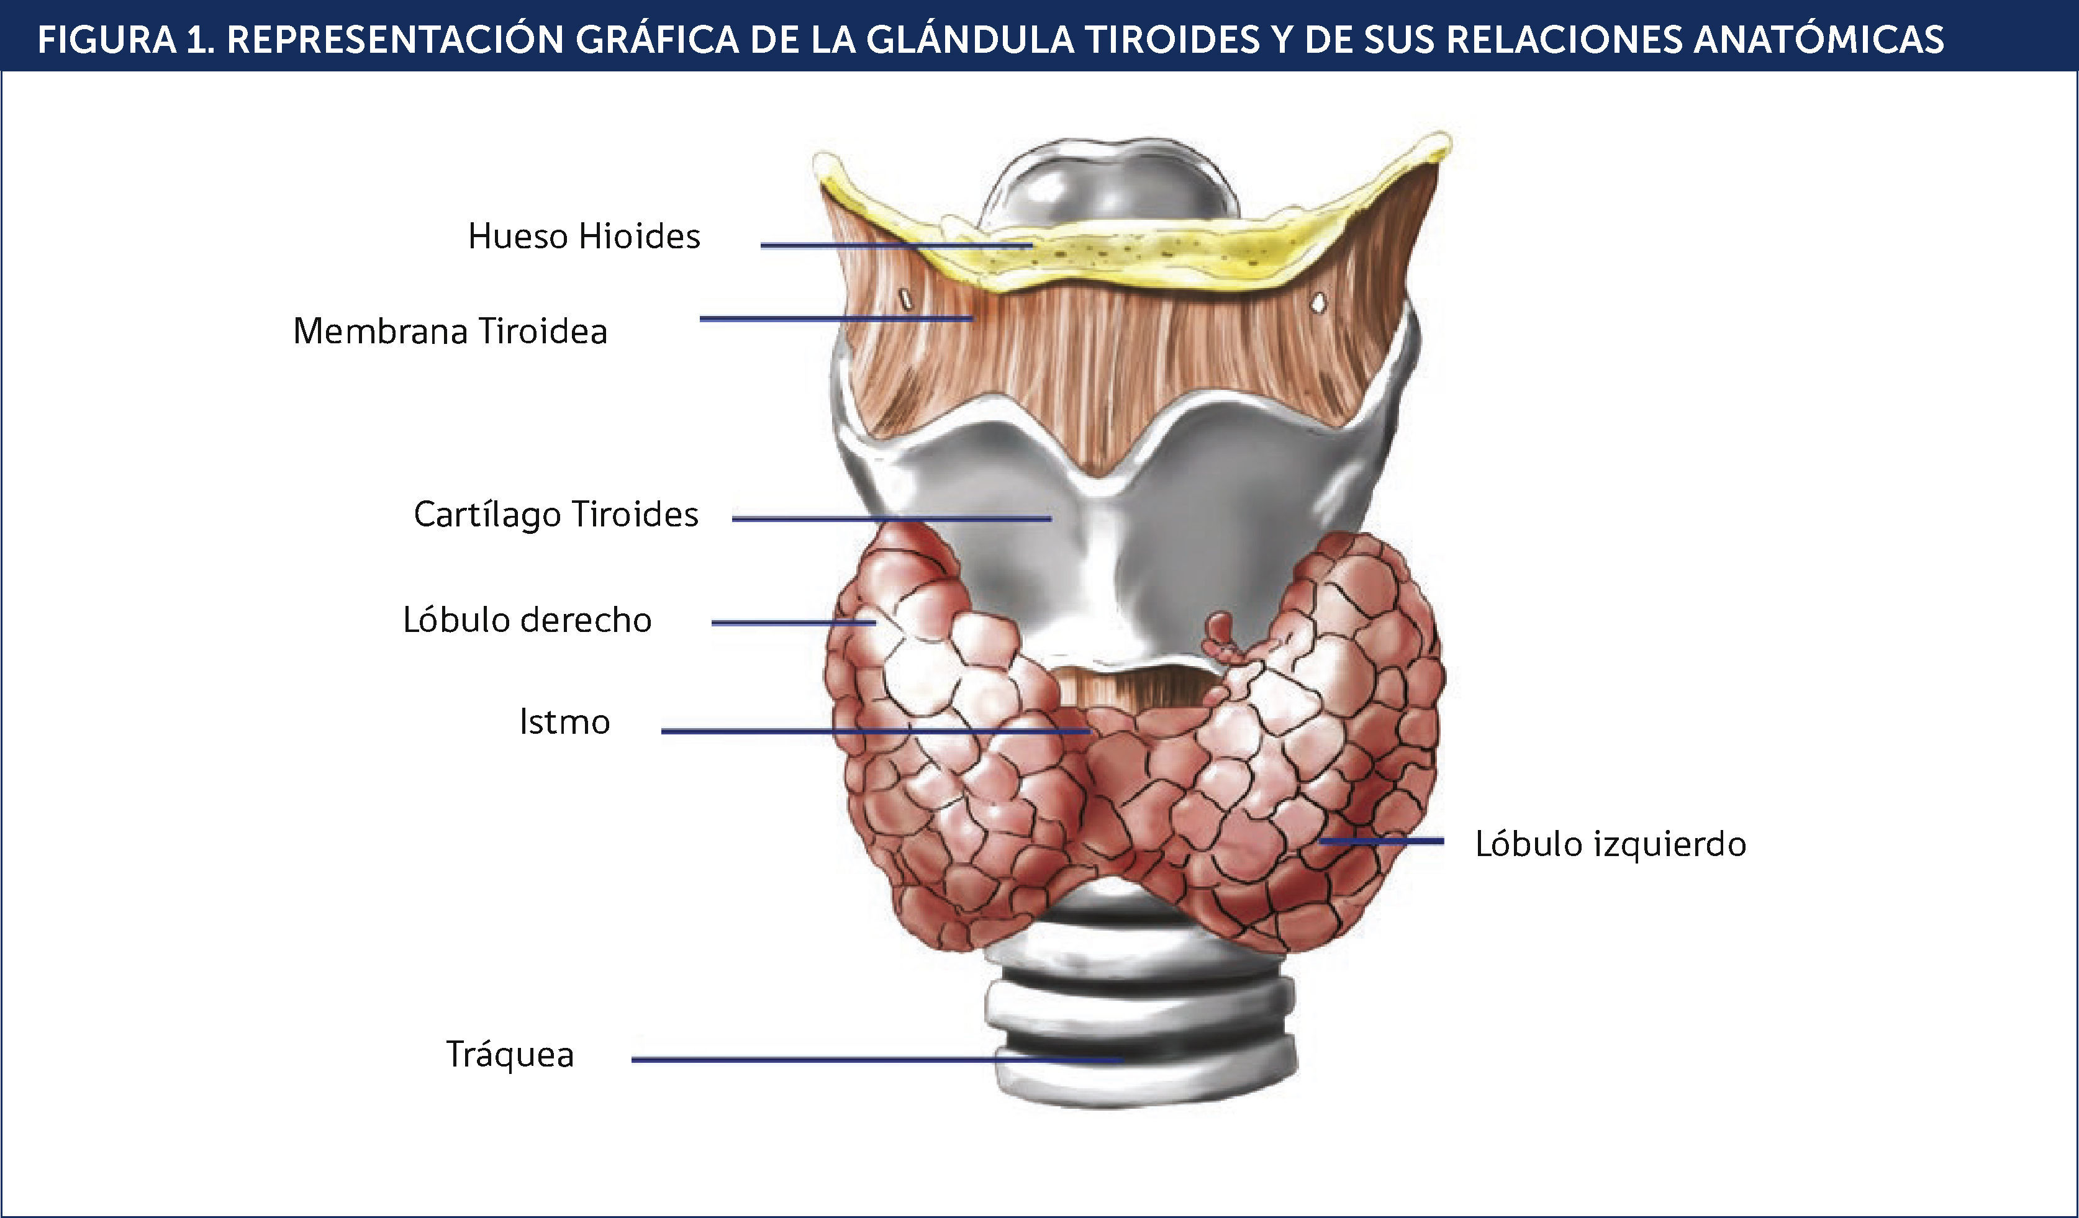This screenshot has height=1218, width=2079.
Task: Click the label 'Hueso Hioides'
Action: [583, 237]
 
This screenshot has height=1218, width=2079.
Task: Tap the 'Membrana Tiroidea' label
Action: [450, 332]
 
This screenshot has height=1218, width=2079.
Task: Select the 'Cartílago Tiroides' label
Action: [555, 515]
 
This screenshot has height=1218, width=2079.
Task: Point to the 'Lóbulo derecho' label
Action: [527, 620]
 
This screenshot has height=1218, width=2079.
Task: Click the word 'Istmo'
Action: [564, 723]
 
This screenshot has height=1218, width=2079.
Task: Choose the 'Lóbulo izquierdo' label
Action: [1610, 844]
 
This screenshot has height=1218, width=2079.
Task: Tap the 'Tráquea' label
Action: [509, 1055]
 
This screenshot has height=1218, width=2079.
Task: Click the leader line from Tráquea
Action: [874, 1060]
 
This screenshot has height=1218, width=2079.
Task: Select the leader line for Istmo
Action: [874, 731]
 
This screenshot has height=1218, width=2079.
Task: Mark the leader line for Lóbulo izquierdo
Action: [1382, 841]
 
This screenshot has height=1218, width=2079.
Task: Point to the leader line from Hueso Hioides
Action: [895, 245]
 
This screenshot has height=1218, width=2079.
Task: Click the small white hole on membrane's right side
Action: [1319, 304]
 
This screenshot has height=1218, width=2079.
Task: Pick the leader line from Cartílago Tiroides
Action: [891, 519]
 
